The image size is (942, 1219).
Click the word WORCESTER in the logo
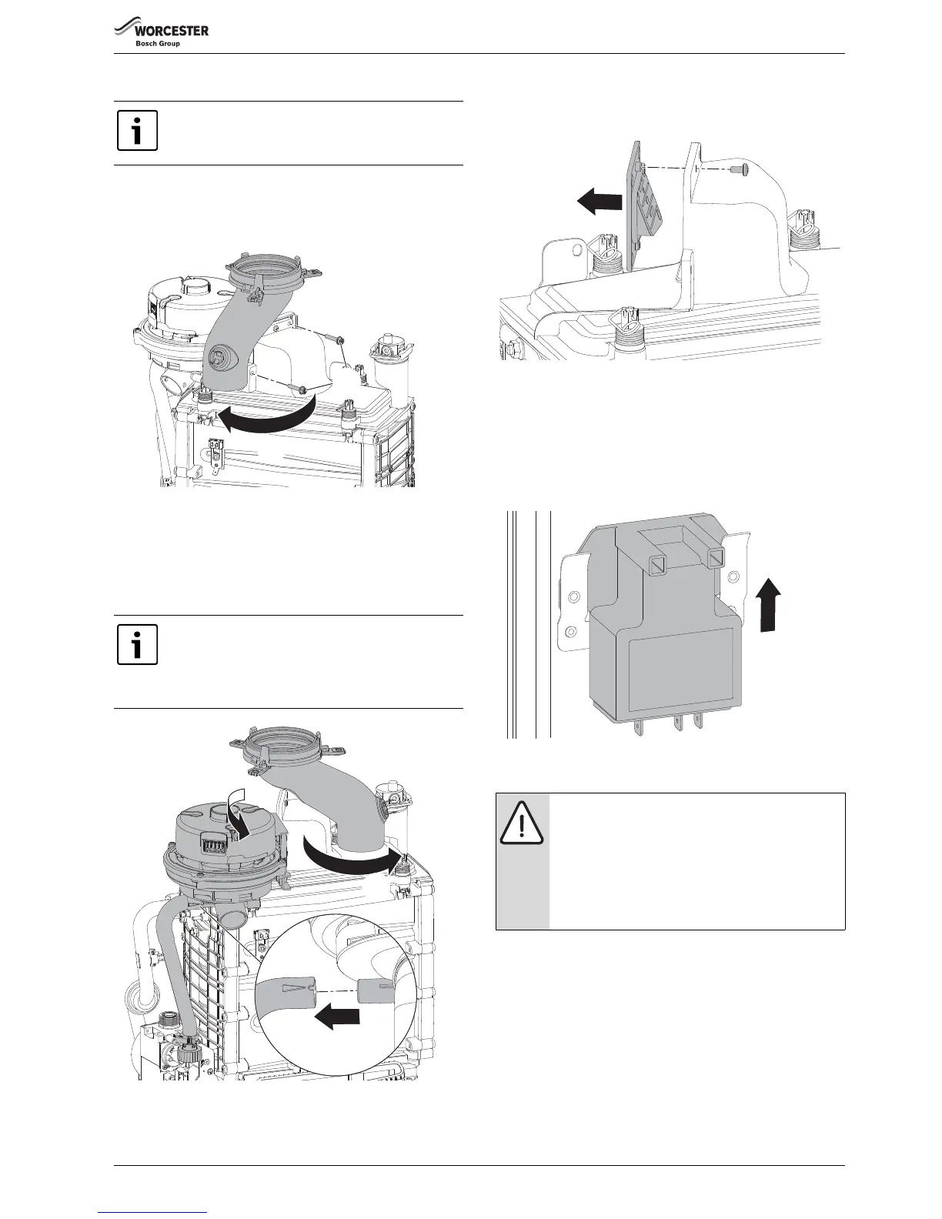(172, 31)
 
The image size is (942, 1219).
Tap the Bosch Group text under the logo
(158, 44)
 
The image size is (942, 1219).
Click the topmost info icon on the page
(137, 131)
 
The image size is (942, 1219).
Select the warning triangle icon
(523, 825)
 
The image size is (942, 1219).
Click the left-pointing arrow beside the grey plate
(600, 202)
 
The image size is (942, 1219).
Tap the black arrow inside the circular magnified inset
(337, 1017)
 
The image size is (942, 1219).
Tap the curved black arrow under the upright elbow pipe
(263, 417)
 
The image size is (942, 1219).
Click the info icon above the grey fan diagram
(137, 645)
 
